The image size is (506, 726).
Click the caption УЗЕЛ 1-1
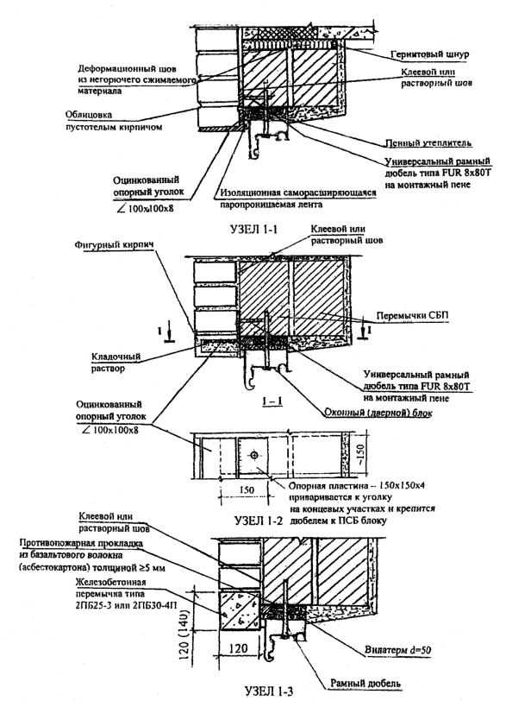click(x=254, y=229)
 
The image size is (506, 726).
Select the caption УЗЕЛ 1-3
click(x=269, y=691)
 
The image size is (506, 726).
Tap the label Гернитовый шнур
click(x=429, y=54)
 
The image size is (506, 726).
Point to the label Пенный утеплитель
click(x=428, y=143)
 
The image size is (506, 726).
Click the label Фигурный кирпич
click(x=113, y=245)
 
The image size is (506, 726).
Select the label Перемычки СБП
click(x=412, y=316)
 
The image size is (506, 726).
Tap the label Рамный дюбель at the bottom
click(x=365, y=684)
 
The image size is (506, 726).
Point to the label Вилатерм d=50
click(x=397, y=651)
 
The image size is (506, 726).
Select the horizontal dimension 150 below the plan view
click(x=248, y=489)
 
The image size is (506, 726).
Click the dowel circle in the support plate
click(x=253, y=456)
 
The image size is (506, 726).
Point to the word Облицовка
click(x=89, y=115)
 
